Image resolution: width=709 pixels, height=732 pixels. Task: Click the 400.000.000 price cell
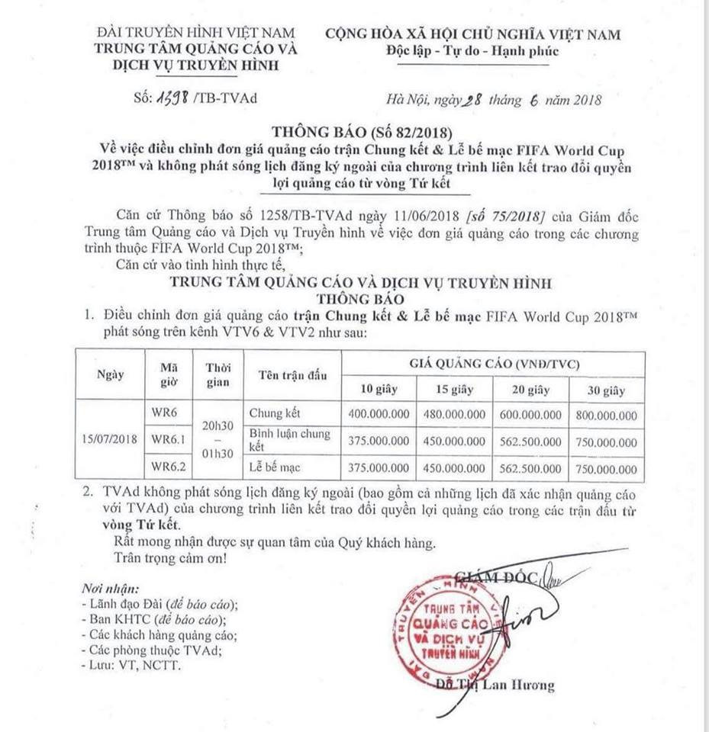[x=379, y=416]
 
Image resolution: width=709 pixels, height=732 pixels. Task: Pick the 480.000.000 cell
[x=454, y=416]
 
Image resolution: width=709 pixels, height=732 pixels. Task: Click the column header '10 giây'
[x=379, y=390]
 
